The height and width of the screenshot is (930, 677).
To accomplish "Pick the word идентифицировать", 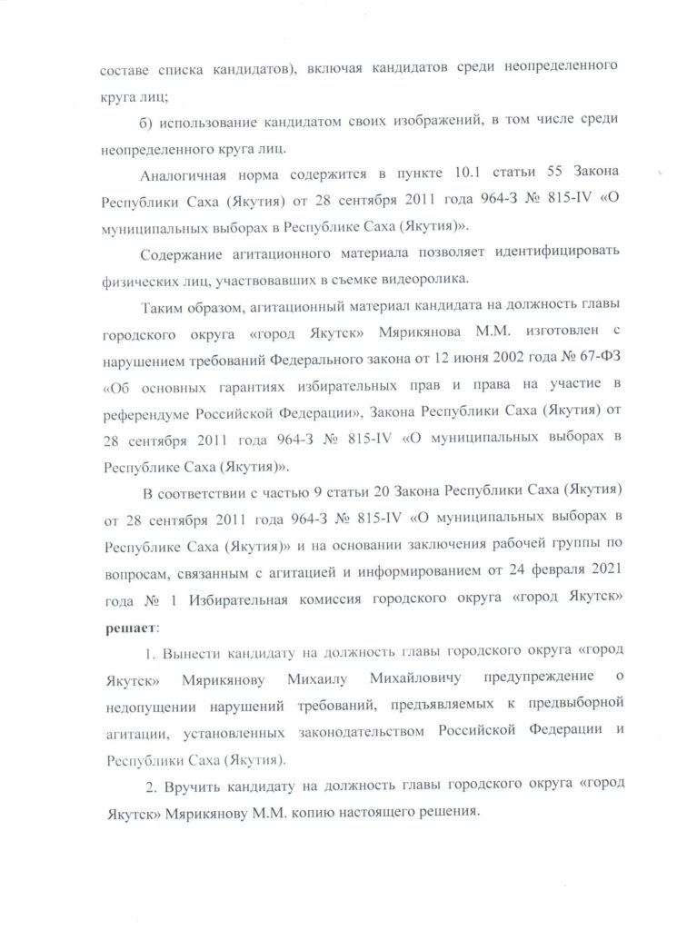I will (x=560, y=252).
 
